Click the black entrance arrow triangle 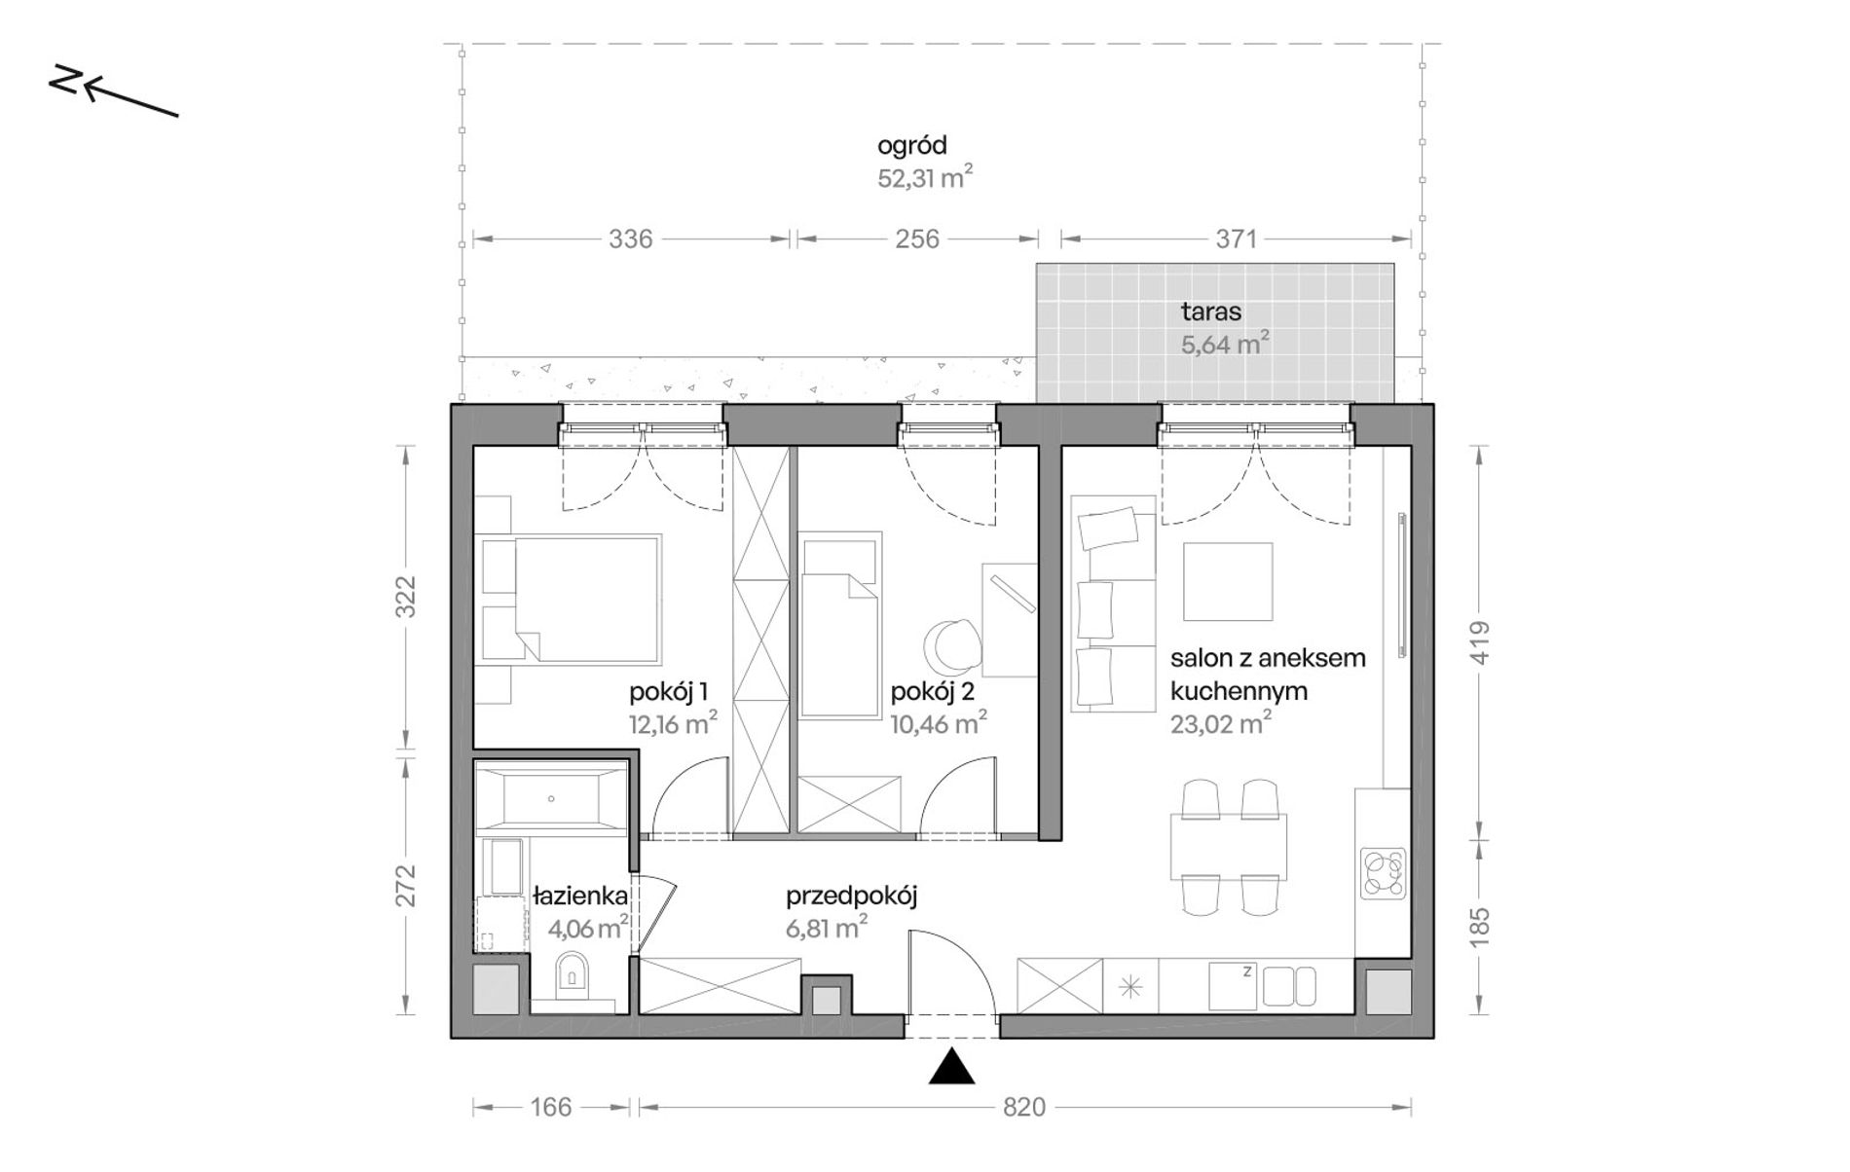[951, 1067]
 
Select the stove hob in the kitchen [1383, 872]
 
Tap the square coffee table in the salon [1228, 581]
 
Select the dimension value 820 [1023, 1107]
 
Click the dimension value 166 [551, 1107]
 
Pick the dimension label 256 [917, 238]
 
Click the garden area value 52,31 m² [925, 178]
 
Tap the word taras [1210, 311]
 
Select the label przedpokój [852, 897]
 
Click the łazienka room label [580, 896]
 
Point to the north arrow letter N [64, 82]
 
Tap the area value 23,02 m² [1220, 723]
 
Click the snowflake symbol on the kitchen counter [1130, 987]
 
